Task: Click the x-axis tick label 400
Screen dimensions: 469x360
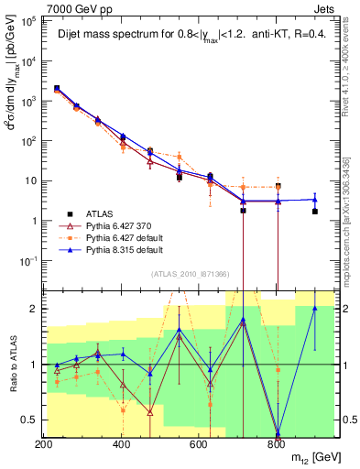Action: [121, 444]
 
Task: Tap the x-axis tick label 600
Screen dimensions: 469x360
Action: [199, 444]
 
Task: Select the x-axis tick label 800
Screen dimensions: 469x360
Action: [277, 444]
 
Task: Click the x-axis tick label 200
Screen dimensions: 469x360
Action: [43, 444]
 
